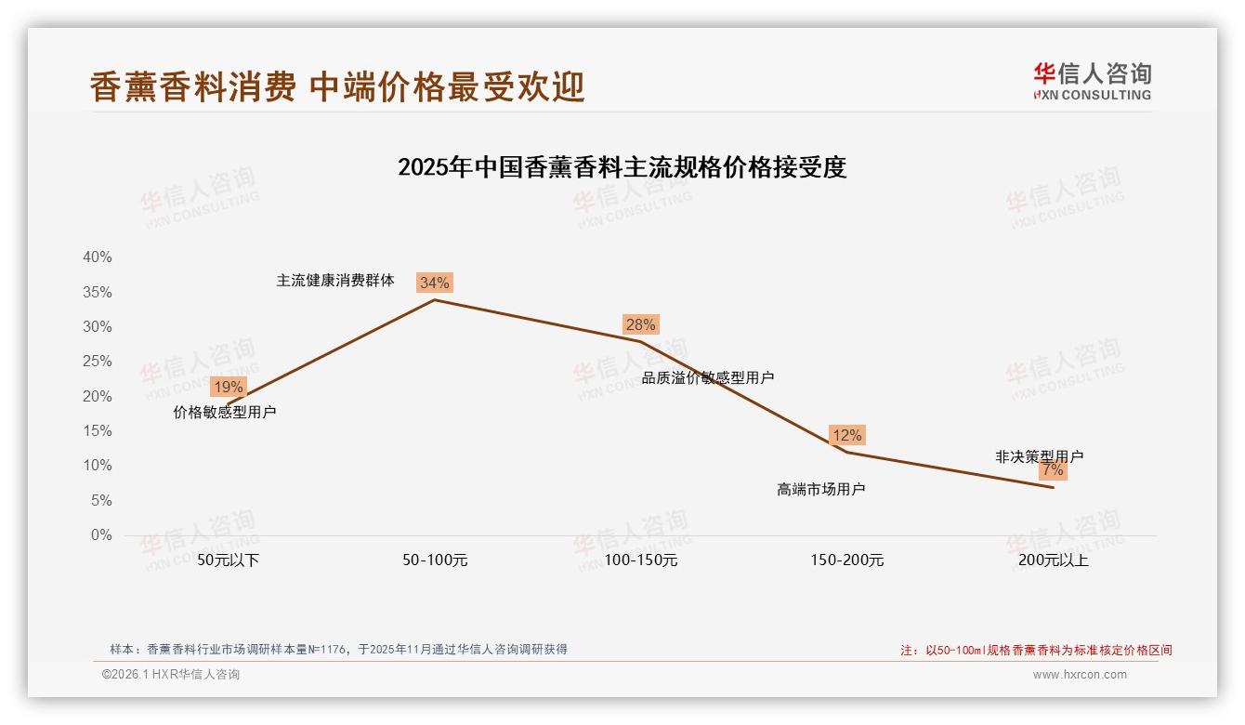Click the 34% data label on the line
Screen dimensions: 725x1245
coord(435,283)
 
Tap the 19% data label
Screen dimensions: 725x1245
coord(228,387)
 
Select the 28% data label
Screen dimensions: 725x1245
coord(641,324)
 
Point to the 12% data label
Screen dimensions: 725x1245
coord(847,435)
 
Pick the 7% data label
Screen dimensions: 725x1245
coord(1053,470)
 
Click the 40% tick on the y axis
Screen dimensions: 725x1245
coord(97,257)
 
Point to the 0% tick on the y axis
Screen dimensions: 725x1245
coord(100,535)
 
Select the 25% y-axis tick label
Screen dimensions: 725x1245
coord(97,362)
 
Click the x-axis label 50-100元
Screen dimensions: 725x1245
coord(435,560)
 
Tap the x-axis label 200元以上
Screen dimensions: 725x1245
coord(1053,560)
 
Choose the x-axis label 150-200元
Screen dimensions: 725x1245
coord(846,560)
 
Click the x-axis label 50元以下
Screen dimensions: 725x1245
coord(229,560)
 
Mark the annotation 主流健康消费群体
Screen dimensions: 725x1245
coord(335,281)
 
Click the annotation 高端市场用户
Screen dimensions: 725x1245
coord(820,490)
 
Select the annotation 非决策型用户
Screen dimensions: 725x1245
coord(1039,457)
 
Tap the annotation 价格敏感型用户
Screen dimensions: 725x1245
coord(225,413)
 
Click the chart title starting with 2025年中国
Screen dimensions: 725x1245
coord(622,168)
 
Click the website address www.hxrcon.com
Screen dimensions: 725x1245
coord(1080,675)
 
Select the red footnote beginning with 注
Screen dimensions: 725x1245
coord(1036,651)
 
